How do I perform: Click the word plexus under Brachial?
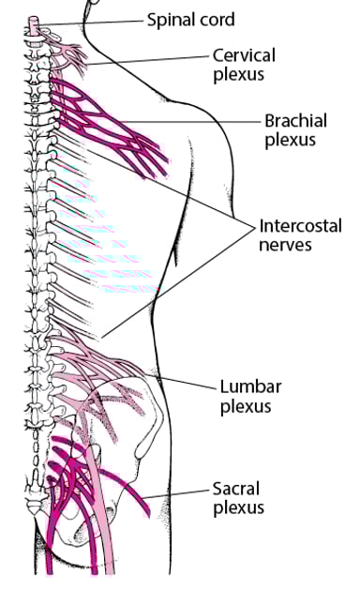click(x=290, y=142)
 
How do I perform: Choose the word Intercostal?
click(x=300, y=226)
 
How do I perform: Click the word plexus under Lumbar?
click(x=245, y=406)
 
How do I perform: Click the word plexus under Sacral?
click(x=238, y=508)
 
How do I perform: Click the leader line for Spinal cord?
click(x=94, y=21)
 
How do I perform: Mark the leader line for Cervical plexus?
click(x=150, y=60)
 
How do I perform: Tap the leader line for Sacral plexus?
click(x=178, y=494)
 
